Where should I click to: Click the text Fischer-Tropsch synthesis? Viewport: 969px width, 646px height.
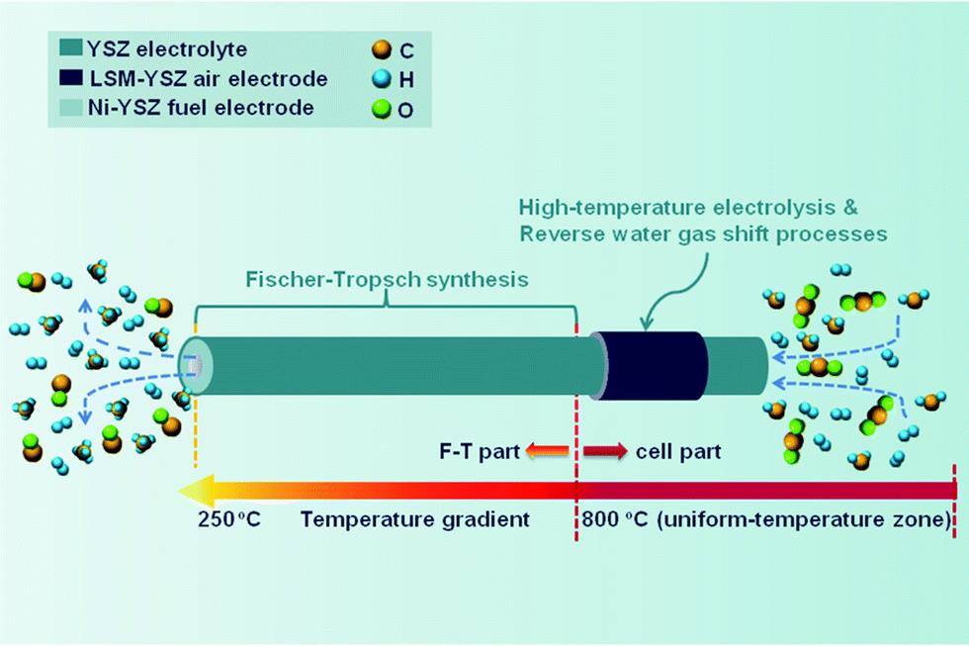pyautogui.click(x=388, y=279)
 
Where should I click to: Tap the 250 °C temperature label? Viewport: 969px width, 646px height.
pyautogui.click(x=227, y=519)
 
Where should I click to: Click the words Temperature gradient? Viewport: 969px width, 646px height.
pyautogui.click(x=416, y=519)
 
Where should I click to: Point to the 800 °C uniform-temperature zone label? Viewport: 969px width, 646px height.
pyautogui.click(x=767, y=519)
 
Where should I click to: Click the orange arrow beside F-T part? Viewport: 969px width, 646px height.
pyautogui.click(x=547, y=452)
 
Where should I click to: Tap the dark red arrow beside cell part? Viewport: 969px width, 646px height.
pyautogui.click(x=605, y=452)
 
